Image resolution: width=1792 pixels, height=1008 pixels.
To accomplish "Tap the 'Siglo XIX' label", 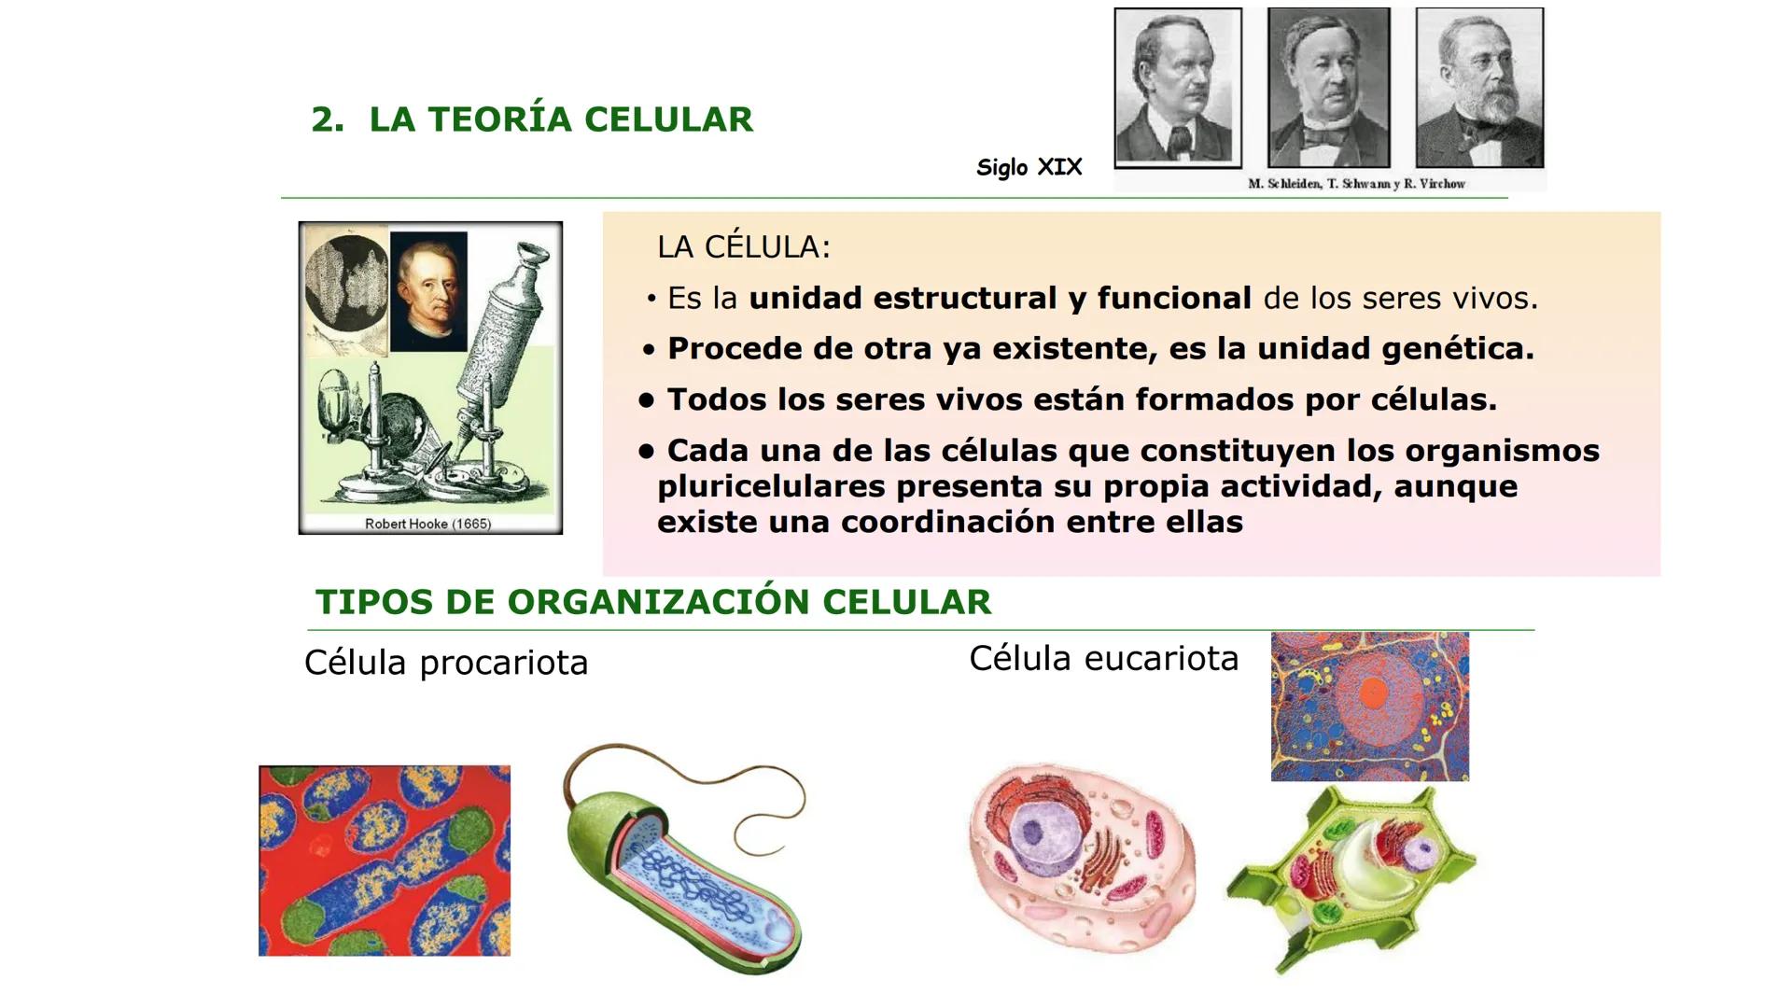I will tap(1029, 167).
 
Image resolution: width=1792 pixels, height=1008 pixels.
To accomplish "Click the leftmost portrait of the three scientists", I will tap(1178, 88).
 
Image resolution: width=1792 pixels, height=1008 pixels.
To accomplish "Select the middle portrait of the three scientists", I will tap(1328, 88).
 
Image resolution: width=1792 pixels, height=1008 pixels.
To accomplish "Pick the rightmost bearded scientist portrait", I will tap(1478, 88).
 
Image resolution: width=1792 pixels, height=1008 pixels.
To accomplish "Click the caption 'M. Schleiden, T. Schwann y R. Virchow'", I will tap(1356, 184).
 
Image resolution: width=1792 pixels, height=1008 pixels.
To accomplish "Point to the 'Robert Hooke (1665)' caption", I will tap(427, 524).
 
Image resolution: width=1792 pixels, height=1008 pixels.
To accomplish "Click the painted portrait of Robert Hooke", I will tap(428, 292).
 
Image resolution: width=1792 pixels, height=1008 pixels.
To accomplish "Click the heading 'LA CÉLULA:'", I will tap(743, 247).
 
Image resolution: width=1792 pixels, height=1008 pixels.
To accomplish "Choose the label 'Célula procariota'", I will tap(446, 663).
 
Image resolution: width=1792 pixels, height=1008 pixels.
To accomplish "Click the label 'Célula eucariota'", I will tap(1103, 658).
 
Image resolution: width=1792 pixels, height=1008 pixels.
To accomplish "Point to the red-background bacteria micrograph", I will tap(385, 861).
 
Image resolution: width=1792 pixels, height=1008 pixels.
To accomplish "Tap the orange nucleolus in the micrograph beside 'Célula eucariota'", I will tap(1374, 692).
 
